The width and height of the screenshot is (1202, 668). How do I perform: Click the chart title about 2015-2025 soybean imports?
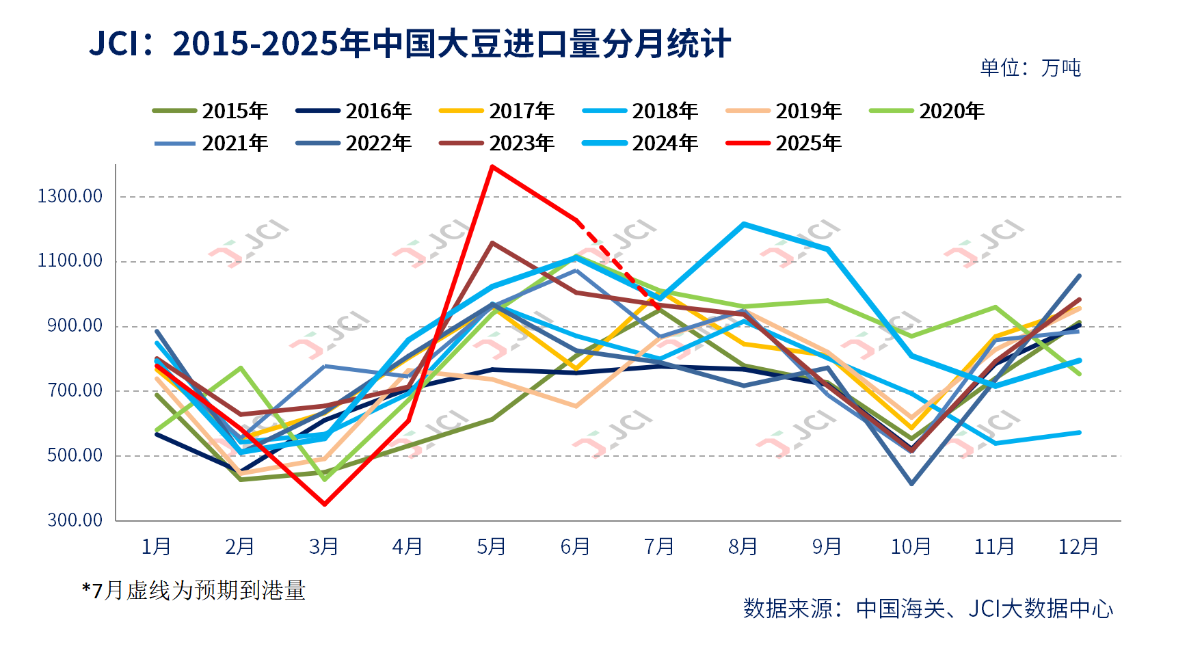pos(410,44)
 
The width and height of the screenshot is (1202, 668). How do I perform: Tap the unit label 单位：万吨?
pos(1030,68)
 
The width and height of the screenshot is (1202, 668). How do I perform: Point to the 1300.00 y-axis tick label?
pos(70,196)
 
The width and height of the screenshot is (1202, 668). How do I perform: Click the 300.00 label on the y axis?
pos(75,520)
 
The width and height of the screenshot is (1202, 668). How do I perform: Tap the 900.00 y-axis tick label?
pos(75,325)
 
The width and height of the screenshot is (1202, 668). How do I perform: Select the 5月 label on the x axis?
pos(492,547)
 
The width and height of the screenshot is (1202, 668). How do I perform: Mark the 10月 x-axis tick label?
pos(911,547)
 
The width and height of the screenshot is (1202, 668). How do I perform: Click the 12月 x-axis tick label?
pos(1078,547)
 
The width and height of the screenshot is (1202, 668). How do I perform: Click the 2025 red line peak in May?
pos(492,166)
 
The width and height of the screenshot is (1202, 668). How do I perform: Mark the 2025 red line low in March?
pos(324,504)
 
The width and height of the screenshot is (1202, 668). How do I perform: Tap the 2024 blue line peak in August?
pos(743,224)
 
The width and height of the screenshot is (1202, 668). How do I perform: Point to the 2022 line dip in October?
pos(911,483)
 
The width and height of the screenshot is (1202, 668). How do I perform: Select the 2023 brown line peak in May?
pos(492,243)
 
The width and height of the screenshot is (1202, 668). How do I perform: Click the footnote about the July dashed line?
pos(193,590)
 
